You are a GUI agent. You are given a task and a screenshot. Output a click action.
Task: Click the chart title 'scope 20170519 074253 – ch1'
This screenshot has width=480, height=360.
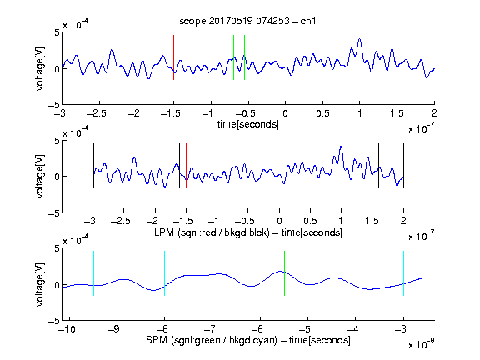pyautogui.click(x=247, y=21)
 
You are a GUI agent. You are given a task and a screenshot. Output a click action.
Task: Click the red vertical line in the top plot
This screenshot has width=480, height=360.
pyautogui.click(x=174, y=57)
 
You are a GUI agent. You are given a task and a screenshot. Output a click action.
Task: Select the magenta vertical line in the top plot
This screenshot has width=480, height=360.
pyautogui.click(x=397, y=57)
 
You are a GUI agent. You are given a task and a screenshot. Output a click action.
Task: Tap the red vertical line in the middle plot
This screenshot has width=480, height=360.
pyautogui.click(x=186, y=166)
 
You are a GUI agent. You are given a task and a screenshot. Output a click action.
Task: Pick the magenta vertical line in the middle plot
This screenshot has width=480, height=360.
pyautogui.click(x=372, y=166)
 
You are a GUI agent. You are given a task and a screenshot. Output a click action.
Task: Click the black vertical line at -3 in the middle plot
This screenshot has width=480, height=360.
pyautogui.click(x=93, y=166)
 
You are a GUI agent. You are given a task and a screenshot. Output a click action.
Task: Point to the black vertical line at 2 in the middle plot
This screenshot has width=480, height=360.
pyautogui.click(x=404, y=166)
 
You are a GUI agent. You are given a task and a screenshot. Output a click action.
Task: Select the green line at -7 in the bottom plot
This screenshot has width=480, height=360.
pyautogui.click(x=212, y=273)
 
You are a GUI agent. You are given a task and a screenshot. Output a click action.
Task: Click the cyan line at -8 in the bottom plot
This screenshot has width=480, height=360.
pyautogui.click(x=165, y=273)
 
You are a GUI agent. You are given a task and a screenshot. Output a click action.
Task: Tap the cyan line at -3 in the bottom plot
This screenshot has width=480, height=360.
pyautogui.click(x=404, y=273)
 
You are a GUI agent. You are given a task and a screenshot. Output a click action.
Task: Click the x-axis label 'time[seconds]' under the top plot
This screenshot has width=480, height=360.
pyautogui.click(x=248, y=124)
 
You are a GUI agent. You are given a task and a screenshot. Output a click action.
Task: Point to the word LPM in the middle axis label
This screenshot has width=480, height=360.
pyautogui.click(x=164, y=232)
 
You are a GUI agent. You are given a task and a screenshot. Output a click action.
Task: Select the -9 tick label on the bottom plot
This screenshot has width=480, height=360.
pyautogui.click(x=114, y=329)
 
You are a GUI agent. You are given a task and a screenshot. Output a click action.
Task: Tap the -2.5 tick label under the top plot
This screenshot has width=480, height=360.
pyautogui.click(x=97, y=113)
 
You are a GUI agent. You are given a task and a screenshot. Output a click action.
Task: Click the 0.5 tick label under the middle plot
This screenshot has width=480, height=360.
pyautogui.click(x=310, y=221)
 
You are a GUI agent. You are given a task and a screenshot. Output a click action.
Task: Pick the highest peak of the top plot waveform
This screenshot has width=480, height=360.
pyautogui.click(x=360, y=39)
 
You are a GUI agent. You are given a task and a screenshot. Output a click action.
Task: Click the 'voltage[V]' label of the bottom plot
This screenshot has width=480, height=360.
pyautogui.click(x=40, y=284)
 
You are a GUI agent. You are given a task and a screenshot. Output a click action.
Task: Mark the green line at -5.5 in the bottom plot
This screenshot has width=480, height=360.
pyautogui.click(x=285, y=273)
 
